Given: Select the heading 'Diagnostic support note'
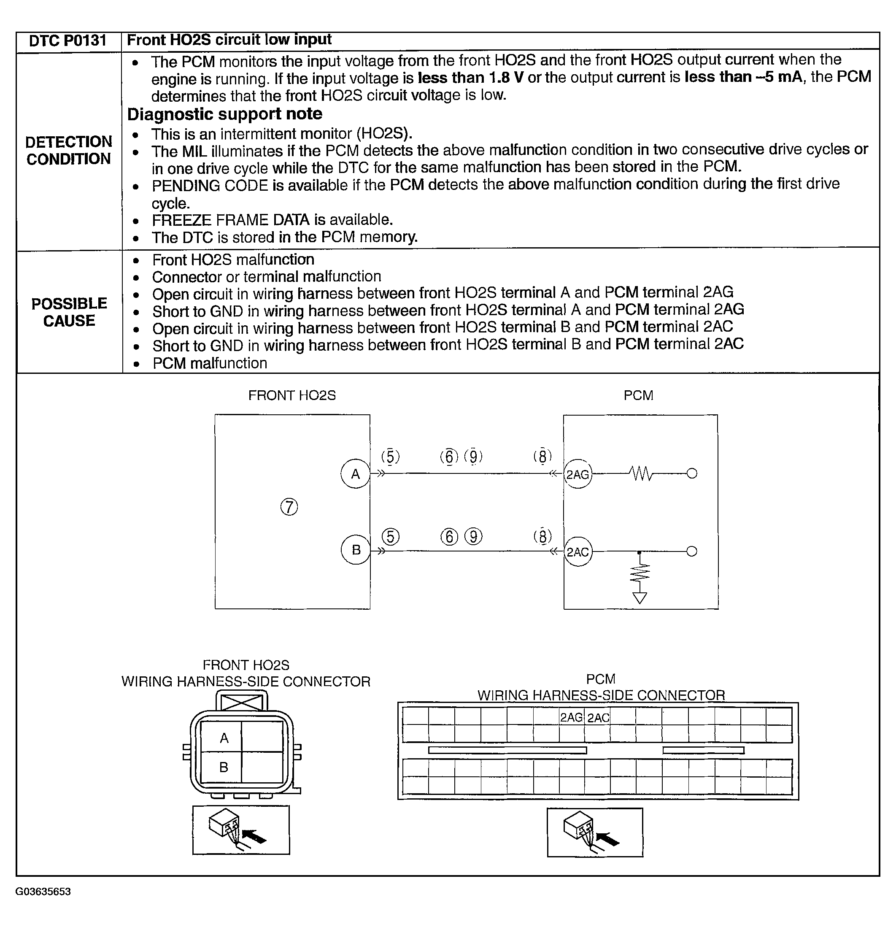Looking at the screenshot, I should pyautogui.click(x=224, y=114).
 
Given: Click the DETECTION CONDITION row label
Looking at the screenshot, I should pyautogui.click(x=69, y=150).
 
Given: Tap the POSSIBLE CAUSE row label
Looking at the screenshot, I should pyautogui.click(x=69, y=312).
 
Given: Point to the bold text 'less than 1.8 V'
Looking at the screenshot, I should pyautogui.click(x=470, y=78).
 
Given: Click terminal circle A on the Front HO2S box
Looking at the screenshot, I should pyautogui.click(x=355, y=473).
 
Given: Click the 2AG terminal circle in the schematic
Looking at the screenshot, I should pyautogui.click(x=578, y=474).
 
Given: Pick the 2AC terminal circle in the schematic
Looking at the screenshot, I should pyautogui.click(x=578, y=551).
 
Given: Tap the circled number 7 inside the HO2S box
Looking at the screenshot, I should pyautogui.click(x=289, y=507).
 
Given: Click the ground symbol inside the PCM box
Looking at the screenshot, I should pyautogui.click(x=639, y=598).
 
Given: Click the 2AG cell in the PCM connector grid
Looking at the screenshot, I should pyautogui.click(x=571, y=717).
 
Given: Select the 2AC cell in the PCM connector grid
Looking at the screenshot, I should pyautogui.click(x=598, y=717).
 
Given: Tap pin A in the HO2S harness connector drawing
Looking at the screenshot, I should pyautogui.click(x=224, y=738).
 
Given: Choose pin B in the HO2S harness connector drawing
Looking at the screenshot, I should pyautogui.click(x=224, y=767).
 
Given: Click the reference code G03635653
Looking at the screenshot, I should pyautogui.click(x=43, y=892).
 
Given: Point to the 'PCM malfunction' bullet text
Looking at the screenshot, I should pyautogui.click(x=210, y=363).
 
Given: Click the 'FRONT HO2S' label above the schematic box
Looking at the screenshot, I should pyautogui.click(x=292, y=395).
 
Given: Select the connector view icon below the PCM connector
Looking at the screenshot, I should pyautogui.click(x=594, y=832).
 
